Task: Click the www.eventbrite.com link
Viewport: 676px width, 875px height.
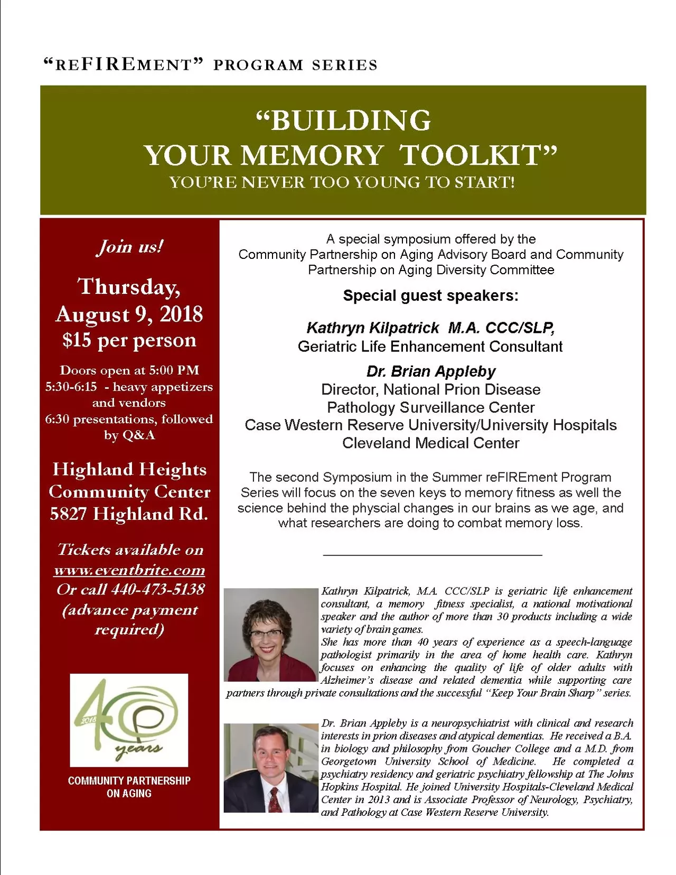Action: (x=129, y=570)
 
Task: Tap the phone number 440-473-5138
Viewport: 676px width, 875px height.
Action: (x=157, y=589)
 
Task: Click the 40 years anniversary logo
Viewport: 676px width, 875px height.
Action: (x=129, y=720)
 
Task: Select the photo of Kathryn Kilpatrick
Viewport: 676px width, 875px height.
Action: (x=270, y=635)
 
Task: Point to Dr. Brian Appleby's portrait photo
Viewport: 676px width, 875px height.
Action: (x=270, y=767)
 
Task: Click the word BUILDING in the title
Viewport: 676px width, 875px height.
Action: (x=350, y=120)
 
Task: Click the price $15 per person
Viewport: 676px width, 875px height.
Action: (x=129, y=340)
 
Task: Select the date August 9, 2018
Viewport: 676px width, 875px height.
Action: (x=129, y=314)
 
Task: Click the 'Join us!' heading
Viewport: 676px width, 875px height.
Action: (x=129, y=246)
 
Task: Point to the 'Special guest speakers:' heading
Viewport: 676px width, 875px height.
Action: (x=430, y=295)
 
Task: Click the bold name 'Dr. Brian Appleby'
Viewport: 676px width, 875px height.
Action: (x=430, y=371)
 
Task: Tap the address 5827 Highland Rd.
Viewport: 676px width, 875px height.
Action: (x=129, y=514)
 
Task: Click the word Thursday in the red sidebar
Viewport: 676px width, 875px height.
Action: (x=129, y=286)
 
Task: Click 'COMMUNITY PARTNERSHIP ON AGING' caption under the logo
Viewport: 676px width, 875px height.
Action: (x=129, y=787)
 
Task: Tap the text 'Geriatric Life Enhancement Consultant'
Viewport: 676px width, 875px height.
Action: (x=430, y=347)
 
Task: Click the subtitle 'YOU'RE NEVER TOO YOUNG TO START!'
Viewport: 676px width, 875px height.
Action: (x=342, y=183)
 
